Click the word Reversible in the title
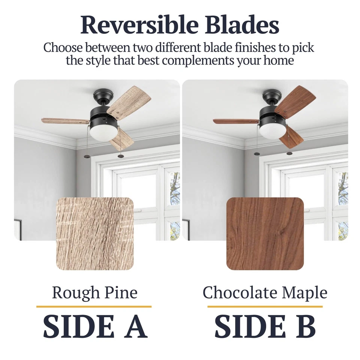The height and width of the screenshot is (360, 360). (139, 25)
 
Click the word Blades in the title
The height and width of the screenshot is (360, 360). (242, 25)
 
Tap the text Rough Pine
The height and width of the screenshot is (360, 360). (94, 293)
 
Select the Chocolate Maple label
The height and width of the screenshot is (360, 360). (265, 293)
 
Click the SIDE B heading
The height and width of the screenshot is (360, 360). (265, 326)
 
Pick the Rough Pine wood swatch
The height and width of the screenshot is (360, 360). (95, 234)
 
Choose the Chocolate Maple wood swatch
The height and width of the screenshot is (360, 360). (265, 234)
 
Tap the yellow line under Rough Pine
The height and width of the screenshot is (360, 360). (94, 306)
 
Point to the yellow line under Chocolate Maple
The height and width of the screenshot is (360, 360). (265, 306)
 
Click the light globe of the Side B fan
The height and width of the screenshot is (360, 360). (273, 133)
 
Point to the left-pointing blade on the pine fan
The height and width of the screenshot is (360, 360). (65, 120)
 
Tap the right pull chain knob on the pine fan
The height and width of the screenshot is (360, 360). (120, 156)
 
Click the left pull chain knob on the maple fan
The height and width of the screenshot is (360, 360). (257, 153)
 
